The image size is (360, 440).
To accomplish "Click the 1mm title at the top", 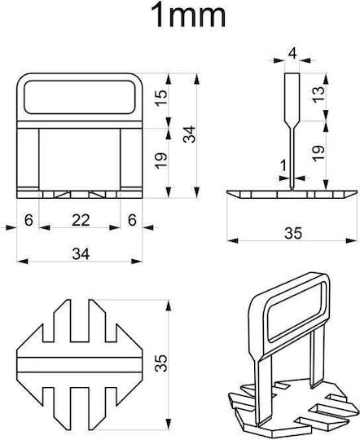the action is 187,15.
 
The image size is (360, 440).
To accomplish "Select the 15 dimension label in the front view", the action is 161,98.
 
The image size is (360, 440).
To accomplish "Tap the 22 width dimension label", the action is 81,220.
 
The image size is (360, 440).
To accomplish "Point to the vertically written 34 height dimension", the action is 190,134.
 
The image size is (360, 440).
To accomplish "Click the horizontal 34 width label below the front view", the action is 81,254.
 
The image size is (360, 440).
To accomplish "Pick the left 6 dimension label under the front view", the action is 29,220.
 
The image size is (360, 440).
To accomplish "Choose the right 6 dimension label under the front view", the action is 132,220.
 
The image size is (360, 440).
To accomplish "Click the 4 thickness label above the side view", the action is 292,53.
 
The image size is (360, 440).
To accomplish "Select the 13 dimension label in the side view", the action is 318,95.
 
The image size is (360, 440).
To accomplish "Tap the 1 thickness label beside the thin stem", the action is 283,165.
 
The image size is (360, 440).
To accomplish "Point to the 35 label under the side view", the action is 293,233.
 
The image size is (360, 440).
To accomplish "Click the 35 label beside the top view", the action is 161,363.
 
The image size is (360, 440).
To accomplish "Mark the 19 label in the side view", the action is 318,153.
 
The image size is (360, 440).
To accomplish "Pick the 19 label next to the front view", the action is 161,161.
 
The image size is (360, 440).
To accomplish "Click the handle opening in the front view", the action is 79,97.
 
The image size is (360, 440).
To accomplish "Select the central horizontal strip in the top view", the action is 79,365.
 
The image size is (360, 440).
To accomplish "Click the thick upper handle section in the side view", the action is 292,97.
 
